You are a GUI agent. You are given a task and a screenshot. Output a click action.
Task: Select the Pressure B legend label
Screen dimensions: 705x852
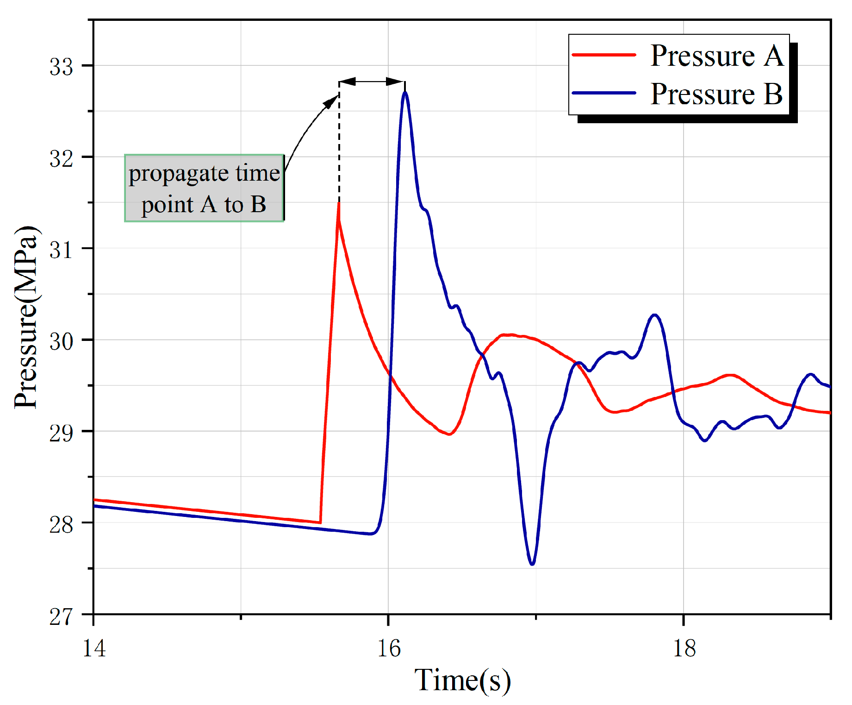pyautogui.click(x=716, y=94)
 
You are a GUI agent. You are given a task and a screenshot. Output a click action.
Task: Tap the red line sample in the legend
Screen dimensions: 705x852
pyautogui.click(x=604, y=55)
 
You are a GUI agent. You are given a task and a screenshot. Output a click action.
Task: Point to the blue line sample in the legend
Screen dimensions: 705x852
pyautogui.click(x=604, y=93)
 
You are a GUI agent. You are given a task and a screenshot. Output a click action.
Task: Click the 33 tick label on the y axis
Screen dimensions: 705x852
pyautogui.click(x=61, y=67)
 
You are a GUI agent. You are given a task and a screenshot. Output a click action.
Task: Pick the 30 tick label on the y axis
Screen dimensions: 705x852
pyautogui.click(x=61, y=341)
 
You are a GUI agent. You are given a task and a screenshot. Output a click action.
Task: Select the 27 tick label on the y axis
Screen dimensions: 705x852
pyautogui.click(x=61, y=617)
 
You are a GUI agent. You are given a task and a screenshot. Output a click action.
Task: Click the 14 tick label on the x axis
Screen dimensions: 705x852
pyautogui.click(x=94, y=648)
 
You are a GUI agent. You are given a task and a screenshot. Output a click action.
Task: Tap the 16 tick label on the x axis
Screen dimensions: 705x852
pyautogui.click(x=389, y=648)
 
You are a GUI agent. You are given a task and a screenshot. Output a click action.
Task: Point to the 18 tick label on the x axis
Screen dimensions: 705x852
pyautogui.click(x=684, y=648)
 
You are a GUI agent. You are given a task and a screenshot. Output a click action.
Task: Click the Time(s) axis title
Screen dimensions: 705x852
pyautogui.click(x=462, y=680)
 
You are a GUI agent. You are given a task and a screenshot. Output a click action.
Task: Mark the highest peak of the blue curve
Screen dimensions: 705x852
pyautogui.click(x=405, y=93)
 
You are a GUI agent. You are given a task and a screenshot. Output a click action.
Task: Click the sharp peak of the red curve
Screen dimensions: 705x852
pyautogui.click(x=339, y=204)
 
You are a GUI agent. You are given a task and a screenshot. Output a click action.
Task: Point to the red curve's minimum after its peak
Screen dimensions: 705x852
pyautogui.click(x=449, y=434)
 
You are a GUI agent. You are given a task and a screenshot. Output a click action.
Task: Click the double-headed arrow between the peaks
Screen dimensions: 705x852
pyautogui.click(x=372, y=82)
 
